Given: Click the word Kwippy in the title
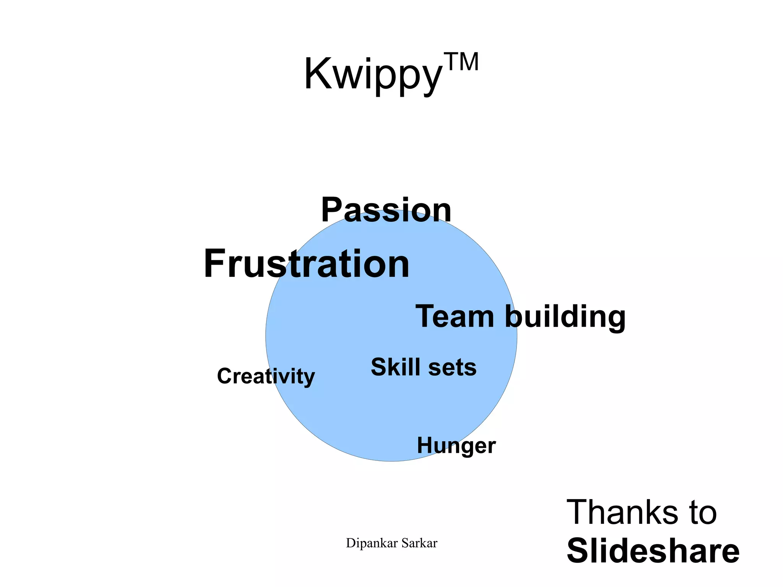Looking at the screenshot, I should [373, 75].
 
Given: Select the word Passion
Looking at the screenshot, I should [386, 210].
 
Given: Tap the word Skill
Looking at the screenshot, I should [396, 367].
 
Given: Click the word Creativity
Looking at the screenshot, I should [266, 376].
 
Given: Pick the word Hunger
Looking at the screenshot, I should [456, 446].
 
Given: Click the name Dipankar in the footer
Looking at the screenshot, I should [366, 543].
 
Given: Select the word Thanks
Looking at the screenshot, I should [621, 512].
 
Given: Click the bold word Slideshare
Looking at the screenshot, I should [653, 551].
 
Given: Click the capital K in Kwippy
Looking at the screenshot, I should [317, 73].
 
